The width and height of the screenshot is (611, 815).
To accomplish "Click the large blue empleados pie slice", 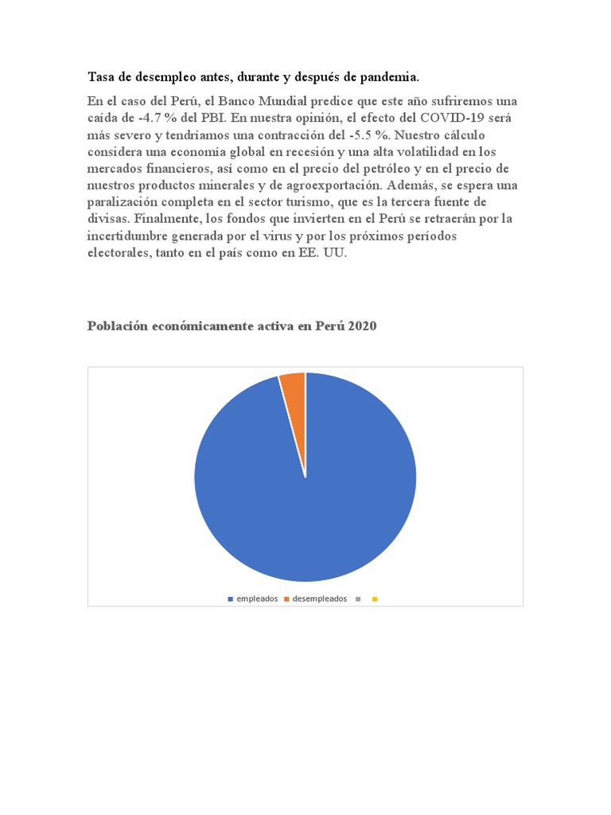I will [305, 501].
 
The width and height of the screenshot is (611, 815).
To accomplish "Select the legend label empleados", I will [256, 599].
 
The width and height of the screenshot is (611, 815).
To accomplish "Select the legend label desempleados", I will [320, 599].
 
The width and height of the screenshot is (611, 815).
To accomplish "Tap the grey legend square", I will [359, 599].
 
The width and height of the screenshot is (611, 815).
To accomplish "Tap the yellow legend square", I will [374, 599].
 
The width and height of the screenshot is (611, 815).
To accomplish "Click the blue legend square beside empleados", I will [230, 599].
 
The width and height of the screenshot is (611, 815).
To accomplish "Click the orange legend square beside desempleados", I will [287, 599].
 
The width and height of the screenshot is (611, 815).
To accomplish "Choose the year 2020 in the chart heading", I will [360, 326].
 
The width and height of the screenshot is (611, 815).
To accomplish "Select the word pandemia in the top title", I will [390, 76].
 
